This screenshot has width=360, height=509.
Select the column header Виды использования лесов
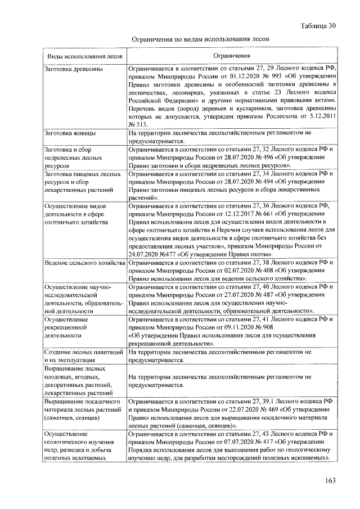[x=84, y=57]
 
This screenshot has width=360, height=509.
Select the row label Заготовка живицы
[x=70, y=134]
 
